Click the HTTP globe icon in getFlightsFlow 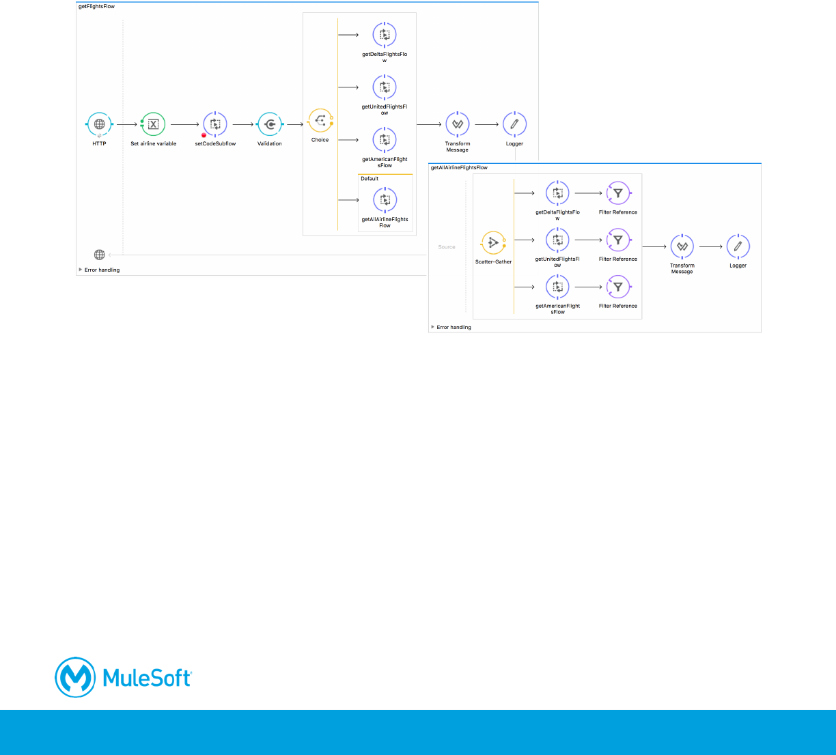[x=99, y=124]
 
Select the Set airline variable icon [x=153, y=124]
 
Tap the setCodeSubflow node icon [x=215, y=124]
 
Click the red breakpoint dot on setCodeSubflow [x=204, y=135]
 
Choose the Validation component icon [x=270, y=124]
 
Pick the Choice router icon [x=320, y=121]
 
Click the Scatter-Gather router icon [x=493, y=242]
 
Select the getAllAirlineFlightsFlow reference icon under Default [x=385, y=200]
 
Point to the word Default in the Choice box [x=370, y=179]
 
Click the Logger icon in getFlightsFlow [x=514, y=124]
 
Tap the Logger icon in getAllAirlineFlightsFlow [x=738, y=246]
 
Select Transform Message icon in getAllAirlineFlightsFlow [x=682, y=246]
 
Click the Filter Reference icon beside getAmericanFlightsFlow [x=618, y=287]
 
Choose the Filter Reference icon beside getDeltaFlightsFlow [x=618, y=193]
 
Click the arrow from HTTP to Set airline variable [x=126, y=124]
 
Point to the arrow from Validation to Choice [x=295, y=124]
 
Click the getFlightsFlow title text [x=97, y=6]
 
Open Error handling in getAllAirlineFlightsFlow [x=454, y=328]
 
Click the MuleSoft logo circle [x=75, y=677]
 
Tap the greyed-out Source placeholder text [x=447, y=247]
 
